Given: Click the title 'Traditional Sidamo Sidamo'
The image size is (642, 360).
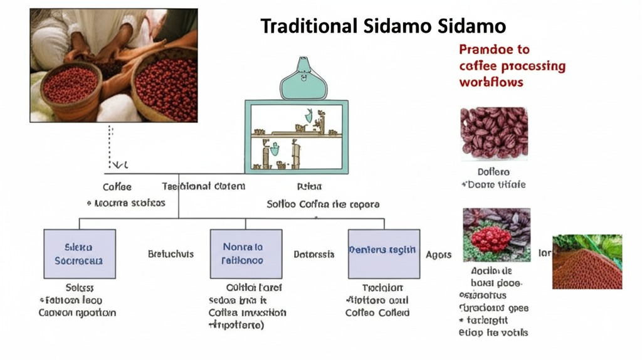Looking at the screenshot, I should coord(383,26).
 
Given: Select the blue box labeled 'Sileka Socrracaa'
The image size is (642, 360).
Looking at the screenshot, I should coord(80,254).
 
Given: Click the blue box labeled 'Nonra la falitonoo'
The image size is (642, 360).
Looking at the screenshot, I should coord(245,254).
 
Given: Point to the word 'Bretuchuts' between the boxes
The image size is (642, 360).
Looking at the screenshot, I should coord(171,255).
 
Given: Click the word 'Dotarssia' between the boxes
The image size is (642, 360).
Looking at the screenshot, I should coord(314,255).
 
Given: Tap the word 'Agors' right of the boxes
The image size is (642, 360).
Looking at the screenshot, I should coord(439,255).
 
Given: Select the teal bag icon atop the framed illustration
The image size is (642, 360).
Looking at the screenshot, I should coord(304,79).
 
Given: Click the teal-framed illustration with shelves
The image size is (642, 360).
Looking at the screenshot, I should coord(297,137).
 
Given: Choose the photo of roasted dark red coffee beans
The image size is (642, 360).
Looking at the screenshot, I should coord(493,133).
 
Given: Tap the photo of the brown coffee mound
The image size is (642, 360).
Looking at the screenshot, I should coord(587,262).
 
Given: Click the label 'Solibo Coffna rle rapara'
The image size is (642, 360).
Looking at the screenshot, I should coord(322,204).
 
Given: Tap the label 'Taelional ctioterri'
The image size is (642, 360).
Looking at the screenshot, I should coord(204,186).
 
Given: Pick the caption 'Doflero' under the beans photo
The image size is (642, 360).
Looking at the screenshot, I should coord(493,172).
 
